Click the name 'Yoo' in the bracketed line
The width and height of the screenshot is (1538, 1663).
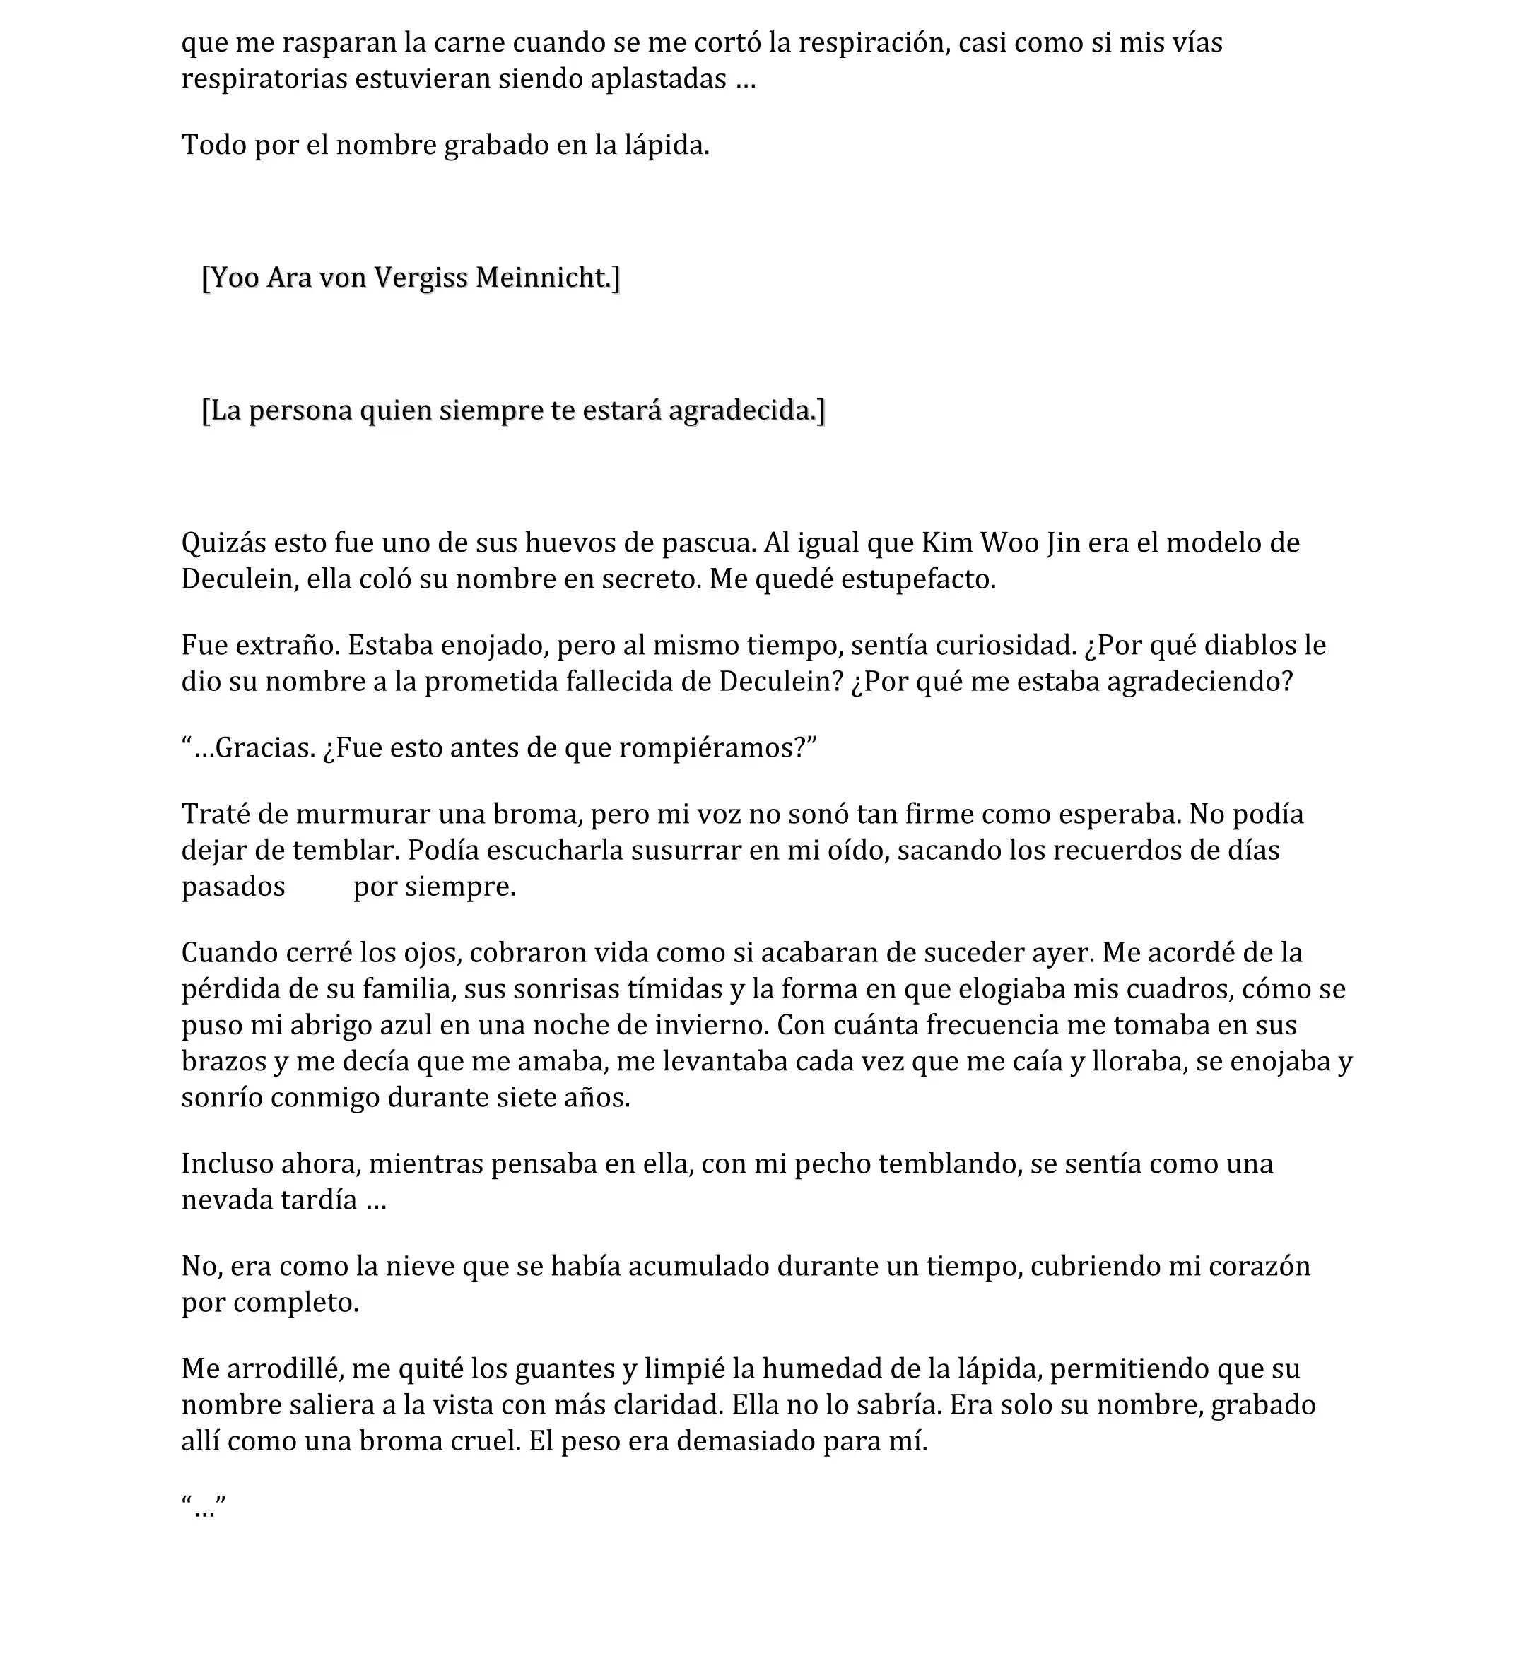tap(235, 277)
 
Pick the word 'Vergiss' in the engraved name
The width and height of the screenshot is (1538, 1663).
tap(421, 277)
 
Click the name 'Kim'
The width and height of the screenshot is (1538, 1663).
tap(947, 543)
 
